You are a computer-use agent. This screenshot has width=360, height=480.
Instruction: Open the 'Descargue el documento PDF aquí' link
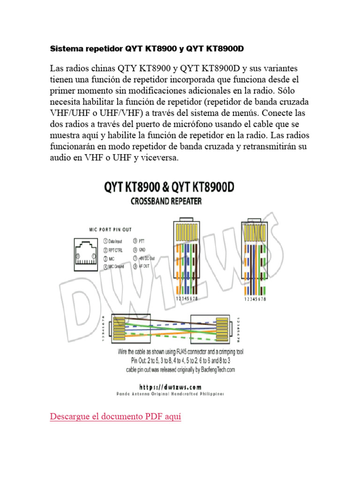(115, 416)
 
